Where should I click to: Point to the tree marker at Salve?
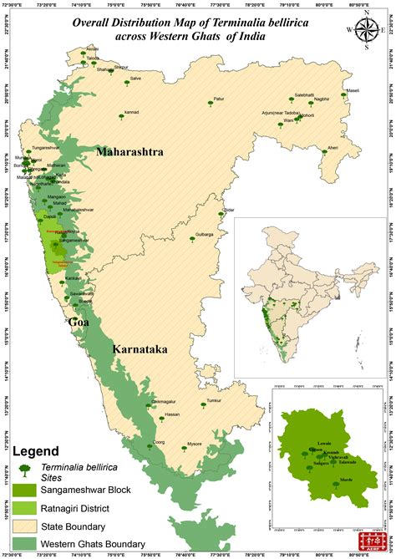[127, 82]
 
